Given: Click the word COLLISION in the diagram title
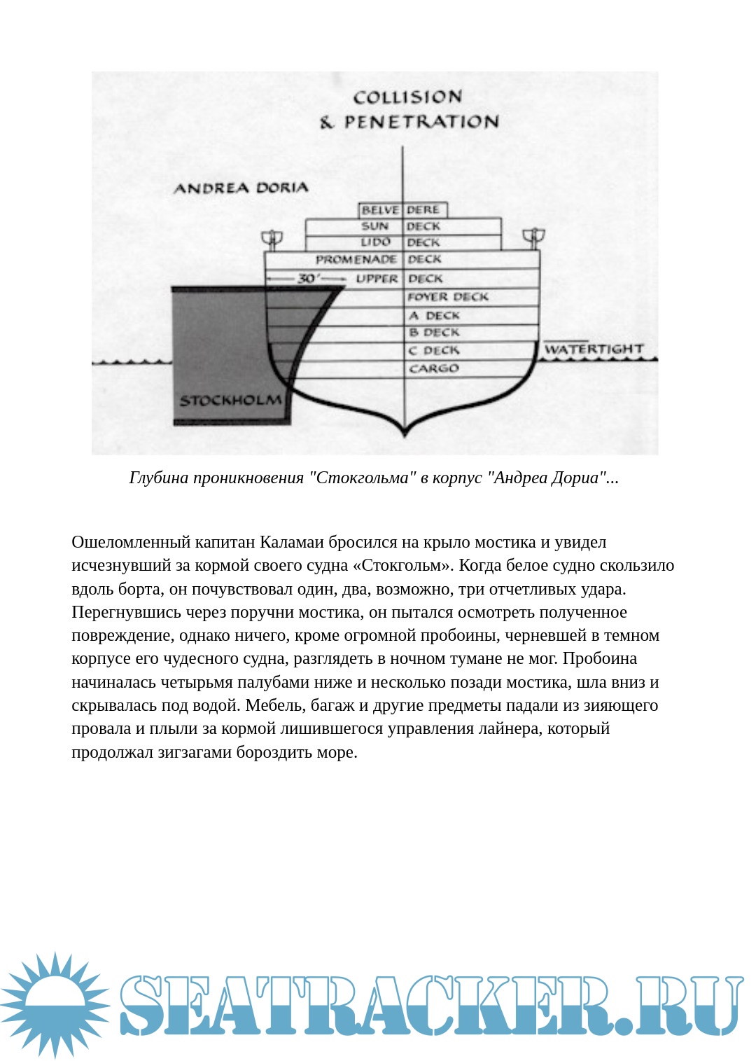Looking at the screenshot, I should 407,97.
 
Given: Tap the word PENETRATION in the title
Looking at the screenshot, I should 421,122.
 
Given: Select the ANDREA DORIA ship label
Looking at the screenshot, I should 241,188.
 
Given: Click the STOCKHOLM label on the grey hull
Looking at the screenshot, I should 230,401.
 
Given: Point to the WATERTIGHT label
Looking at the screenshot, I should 594,349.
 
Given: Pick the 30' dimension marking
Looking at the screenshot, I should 307,279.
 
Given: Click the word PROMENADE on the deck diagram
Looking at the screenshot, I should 356,260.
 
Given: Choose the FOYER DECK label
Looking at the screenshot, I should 448,297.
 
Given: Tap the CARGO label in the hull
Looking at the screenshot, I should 434,368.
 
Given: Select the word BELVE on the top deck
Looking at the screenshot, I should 380,210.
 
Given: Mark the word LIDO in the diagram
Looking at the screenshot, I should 375,242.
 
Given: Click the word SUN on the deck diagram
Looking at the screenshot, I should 374,226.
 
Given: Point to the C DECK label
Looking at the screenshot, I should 434,350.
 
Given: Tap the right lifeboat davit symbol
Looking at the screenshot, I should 534,237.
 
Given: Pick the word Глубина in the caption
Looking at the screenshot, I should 159,478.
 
